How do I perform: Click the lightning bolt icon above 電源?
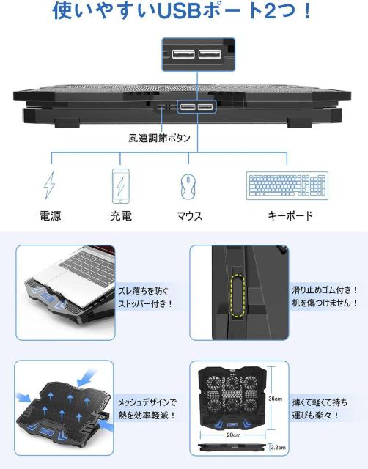[50, 185]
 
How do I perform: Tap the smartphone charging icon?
[120, 185]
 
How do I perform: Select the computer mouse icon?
[188, 187]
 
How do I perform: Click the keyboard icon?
[287, 185]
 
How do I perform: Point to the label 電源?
[51, 215]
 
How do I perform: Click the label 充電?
[121, 215]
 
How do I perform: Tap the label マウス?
[190, 216]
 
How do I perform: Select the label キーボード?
[290, 215]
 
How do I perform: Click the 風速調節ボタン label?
[159, 138]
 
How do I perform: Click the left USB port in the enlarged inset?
[183, 54]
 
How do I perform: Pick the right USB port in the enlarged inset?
[210, 54]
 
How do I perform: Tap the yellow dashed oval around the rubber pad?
[238, 295]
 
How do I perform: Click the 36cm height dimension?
[275, 399]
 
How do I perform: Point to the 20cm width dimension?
[233, 435]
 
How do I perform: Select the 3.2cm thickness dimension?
[279, 448]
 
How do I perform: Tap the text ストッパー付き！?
[145, 304]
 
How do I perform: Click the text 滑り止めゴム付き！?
[325, 289]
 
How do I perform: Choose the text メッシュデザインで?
[147, 402]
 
